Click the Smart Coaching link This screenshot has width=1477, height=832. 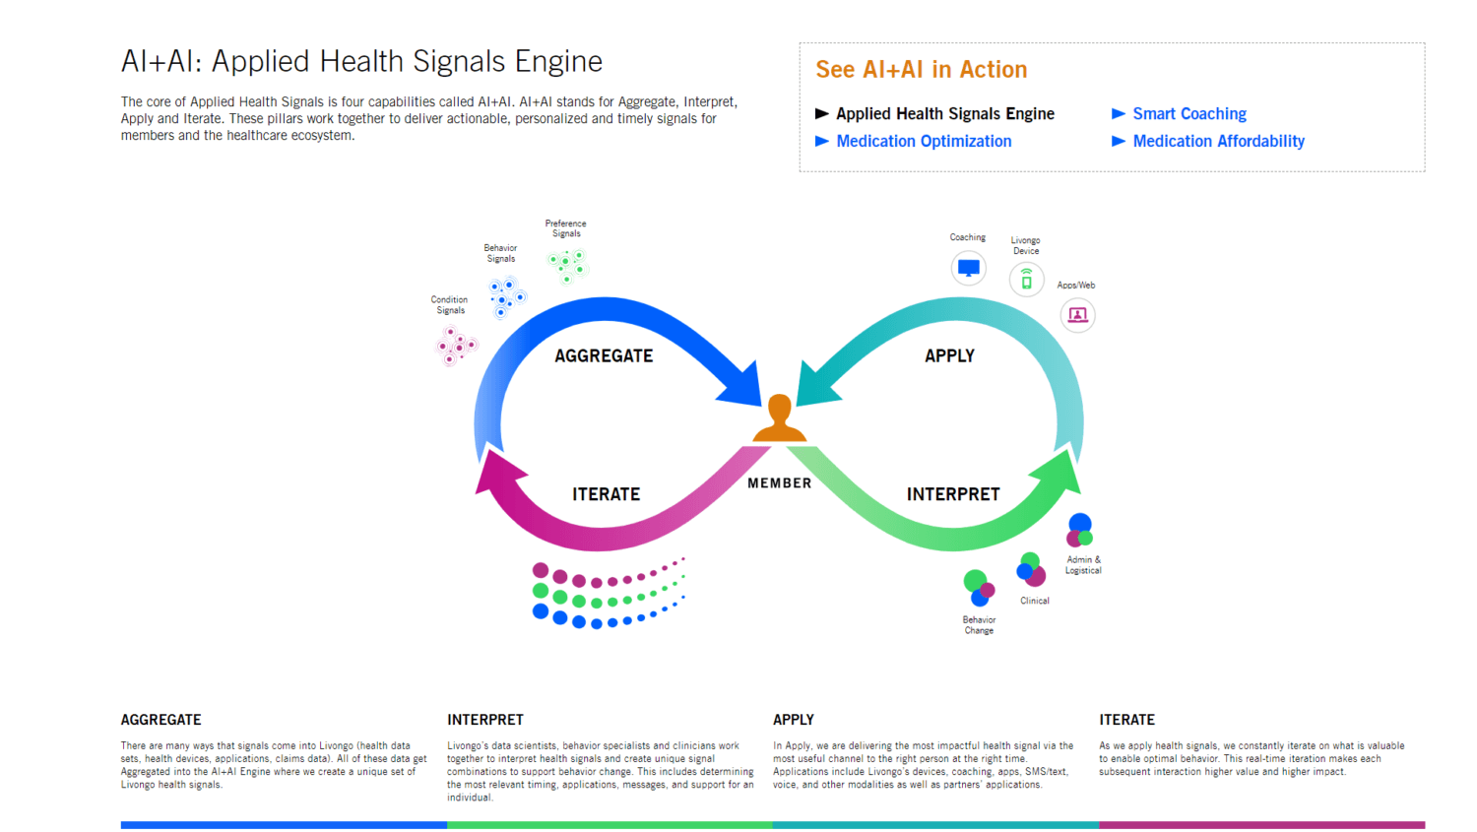pos(1188,114)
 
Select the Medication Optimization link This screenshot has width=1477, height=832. pos(923,142)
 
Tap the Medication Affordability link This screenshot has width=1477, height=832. pos(1218,142)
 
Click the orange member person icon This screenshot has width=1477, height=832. pos(779,418)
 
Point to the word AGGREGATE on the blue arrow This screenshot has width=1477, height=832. pos(604,356)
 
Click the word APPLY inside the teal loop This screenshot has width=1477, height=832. pos(949,356)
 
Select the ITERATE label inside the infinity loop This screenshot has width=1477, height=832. pos(606,494)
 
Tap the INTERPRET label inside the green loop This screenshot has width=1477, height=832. pos(952,494)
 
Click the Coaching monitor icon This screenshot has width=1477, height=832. pos(968,268)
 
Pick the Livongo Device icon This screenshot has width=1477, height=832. pos(1026,281)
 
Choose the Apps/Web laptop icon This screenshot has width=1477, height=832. pos(1077,315)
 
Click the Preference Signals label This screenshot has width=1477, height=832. pos(565,228)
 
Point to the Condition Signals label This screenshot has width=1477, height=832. pos(449,305)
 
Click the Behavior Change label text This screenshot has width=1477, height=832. pos(979,625)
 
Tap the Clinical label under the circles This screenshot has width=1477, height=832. pos(1034,601)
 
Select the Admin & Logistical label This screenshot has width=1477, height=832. pos(1083,565)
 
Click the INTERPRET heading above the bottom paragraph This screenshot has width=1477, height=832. pos(485,720)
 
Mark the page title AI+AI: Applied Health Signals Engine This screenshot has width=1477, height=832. pos(361,62)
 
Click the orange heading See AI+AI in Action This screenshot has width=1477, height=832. pos(921,70)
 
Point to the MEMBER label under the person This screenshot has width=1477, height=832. pos(779,483)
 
